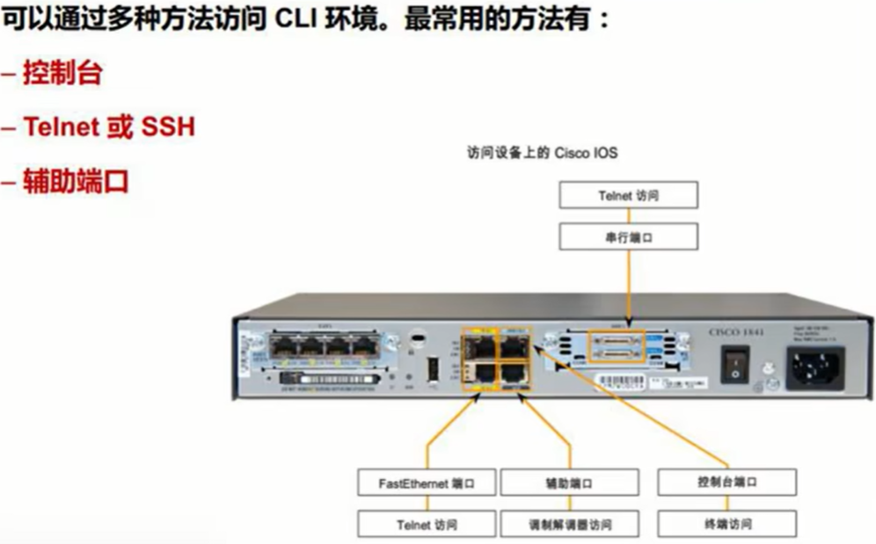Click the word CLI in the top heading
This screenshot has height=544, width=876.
[x=302, y=20]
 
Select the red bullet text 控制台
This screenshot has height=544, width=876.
[x=62, y=73]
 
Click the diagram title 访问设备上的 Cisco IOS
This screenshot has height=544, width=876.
[x=542, y=153]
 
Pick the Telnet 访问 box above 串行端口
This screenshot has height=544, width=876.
[x=629, y=196]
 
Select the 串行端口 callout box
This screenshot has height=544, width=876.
[x=629, y=236]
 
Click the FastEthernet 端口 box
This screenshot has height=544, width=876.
[x=427, y=482]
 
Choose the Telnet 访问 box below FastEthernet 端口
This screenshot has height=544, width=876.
[x=427, y=525]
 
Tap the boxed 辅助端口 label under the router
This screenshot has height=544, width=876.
[x=569, y=482]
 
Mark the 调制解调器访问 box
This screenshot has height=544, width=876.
[x=569, y=525]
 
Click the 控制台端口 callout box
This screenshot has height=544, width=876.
[x=726, y=482]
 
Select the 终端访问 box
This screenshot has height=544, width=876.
[x=726, y=524]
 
